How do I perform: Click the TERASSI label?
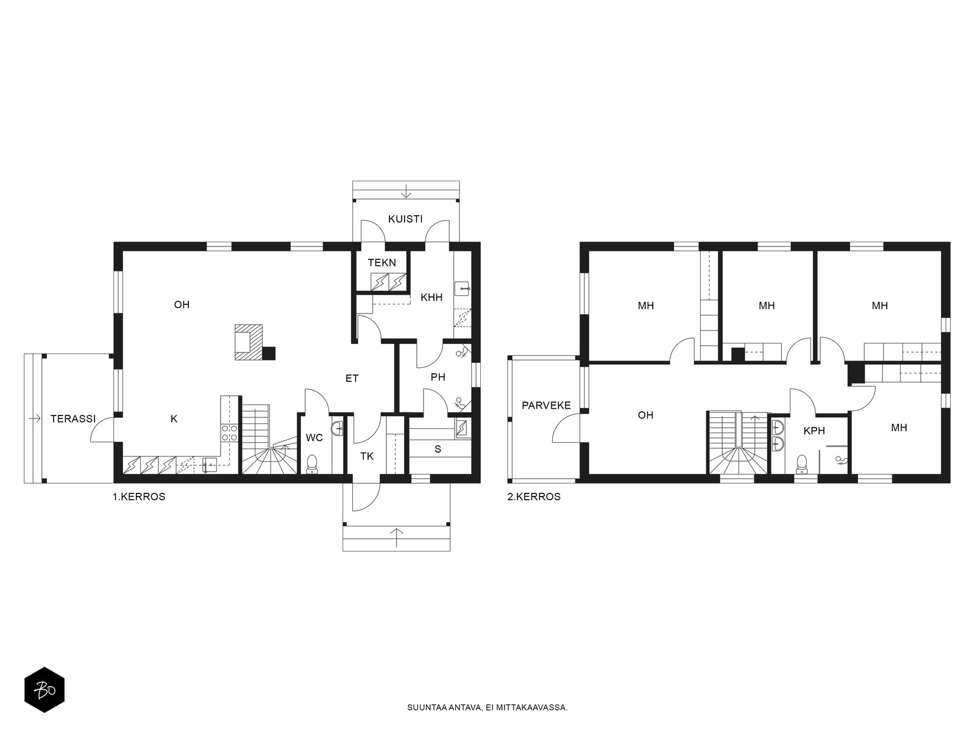pos(73,418)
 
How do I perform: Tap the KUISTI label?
pos(405,218)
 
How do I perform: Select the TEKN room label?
pos(381,263)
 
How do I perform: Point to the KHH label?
pos(431,297)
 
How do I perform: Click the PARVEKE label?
pos(546,405)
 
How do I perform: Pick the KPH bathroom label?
pos(814,431)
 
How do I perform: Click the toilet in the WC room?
pos(312,464)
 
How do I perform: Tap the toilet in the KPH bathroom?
pos(801,464)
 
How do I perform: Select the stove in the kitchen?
pos(229,432)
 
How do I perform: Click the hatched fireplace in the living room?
pos(249,342)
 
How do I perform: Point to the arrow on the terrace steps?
pos(34,418)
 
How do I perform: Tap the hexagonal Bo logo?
pos(44,690)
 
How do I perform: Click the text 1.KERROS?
pos(138,497)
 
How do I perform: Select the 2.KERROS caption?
pos(534,497)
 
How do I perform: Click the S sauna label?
pos(438,450)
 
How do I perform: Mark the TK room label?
pos(367,456)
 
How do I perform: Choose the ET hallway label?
pos(352,379)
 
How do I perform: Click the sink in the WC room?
pos(337,428)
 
